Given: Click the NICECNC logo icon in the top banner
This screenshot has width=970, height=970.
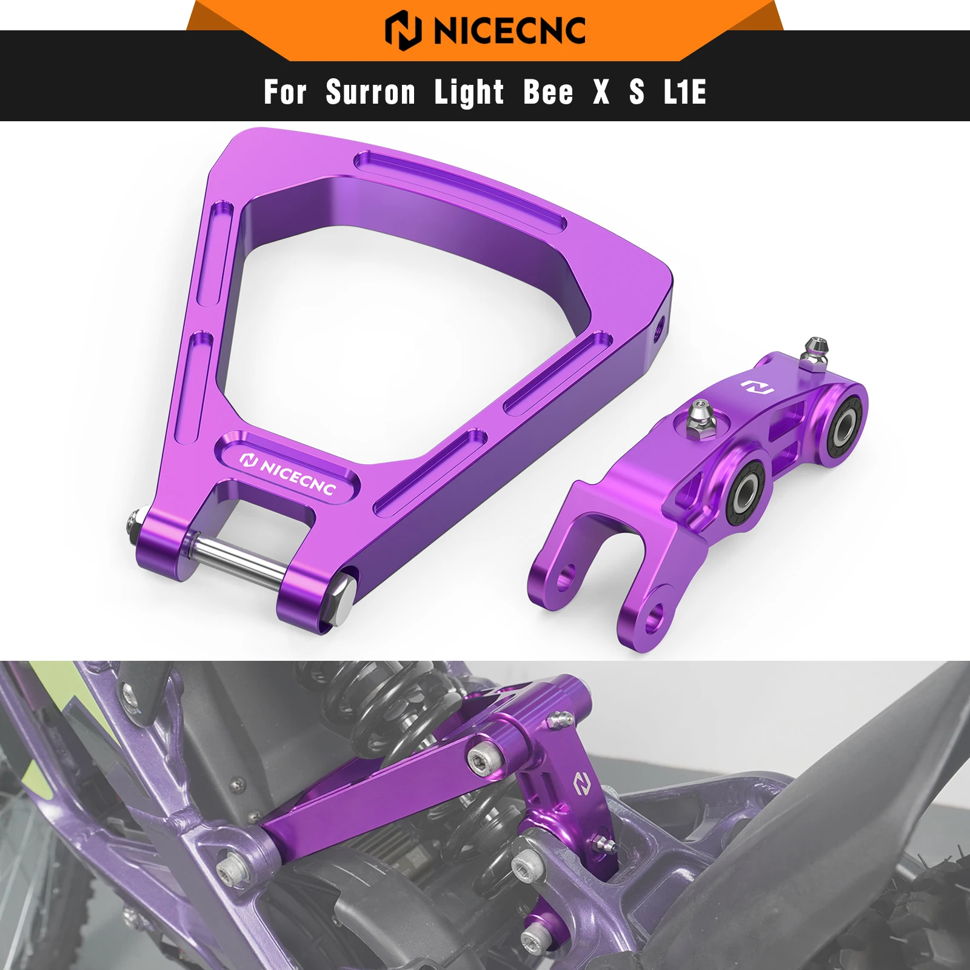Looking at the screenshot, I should click(x=403, y=30).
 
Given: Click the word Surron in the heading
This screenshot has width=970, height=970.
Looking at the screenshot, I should click(x=370, y=92).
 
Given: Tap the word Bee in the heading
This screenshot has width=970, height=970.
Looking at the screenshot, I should click(x=548, y=92).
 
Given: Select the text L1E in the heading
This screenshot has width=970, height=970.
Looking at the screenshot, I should click(x=685, y=92).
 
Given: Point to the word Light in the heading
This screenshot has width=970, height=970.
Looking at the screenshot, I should click(x=469, y=92).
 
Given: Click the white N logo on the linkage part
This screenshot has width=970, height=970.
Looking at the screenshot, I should click(x=758, y=386).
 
